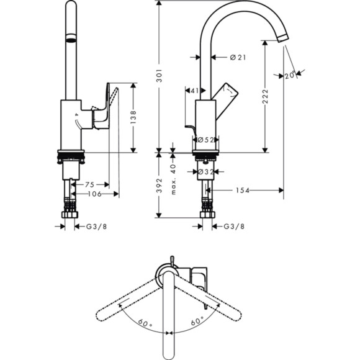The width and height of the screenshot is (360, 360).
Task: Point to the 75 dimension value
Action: coord(89,184)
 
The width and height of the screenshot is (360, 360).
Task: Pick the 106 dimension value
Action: coord(94,194)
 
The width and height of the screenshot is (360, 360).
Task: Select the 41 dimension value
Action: coord(194,91)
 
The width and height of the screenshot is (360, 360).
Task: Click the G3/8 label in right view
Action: coord(233,227)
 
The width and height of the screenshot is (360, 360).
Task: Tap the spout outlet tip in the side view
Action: coord(283,39)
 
